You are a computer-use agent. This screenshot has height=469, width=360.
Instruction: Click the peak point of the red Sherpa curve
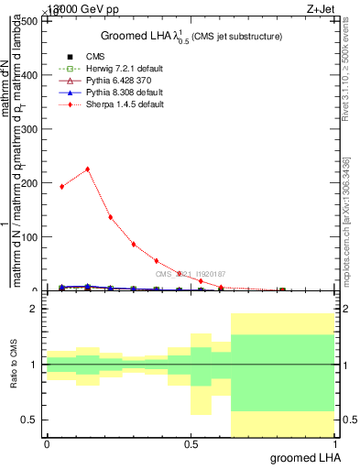click(87, 169)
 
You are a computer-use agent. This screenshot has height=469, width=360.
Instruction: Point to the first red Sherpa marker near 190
click(61, 186)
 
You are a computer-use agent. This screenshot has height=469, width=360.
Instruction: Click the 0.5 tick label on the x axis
click(191, 443)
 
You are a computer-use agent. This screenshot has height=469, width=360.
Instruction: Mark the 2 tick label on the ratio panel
click(34, 310)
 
